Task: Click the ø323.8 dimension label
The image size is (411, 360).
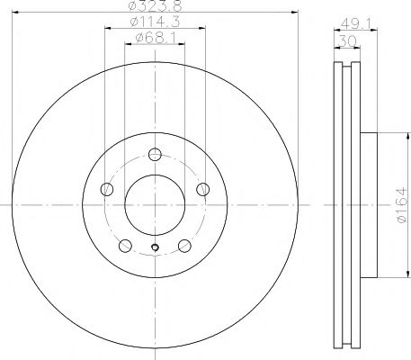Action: point(155,5)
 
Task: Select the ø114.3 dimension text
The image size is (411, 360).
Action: point(155,22)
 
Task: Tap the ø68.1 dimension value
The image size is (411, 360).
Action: point(156,38)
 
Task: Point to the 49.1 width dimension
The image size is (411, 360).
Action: point(354,23)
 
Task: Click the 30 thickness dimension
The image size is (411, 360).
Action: point(347,40)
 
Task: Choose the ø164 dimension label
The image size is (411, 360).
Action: point(401,205)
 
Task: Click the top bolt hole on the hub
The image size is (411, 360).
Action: point(155,155)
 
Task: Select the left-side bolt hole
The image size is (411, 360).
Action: point(107,189)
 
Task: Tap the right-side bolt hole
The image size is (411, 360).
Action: point(203,189)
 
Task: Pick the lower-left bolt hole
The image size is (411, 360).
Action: point(125,246)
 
